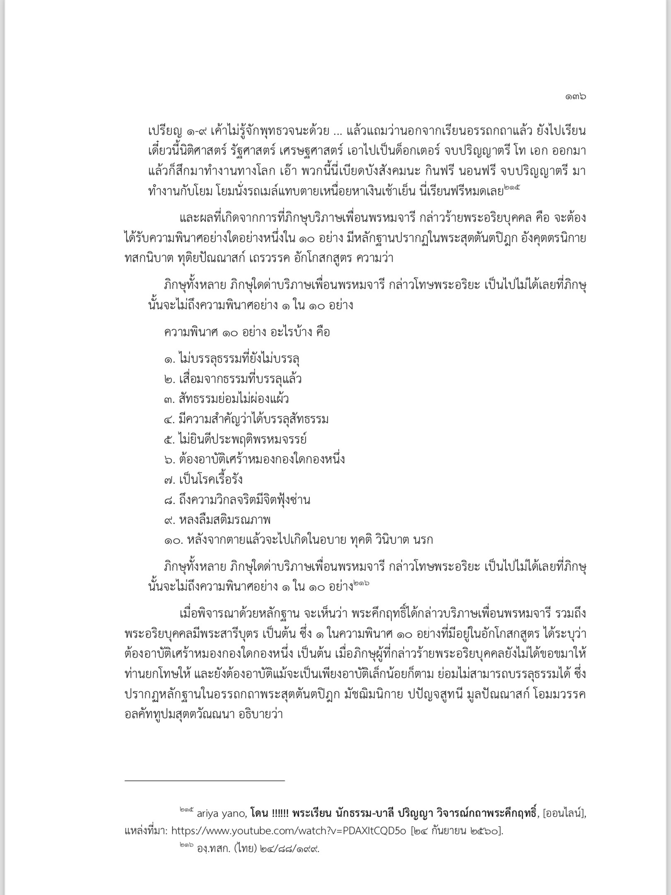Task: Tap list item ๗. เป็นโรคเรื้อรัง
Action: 203,480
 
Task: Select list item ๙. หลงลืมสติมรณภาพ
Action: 217,520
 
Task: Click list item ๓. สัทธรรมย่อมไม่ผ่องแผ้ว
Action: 226,399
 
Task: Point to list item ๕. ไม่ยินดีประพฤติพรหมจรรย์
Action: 235,439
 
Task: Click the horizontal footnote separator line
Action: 205,781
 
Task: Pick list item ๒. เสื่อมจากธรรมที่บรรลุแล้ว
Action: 232,379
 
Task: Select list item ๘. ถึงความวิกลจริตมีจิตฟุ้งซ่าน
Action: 237,500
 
